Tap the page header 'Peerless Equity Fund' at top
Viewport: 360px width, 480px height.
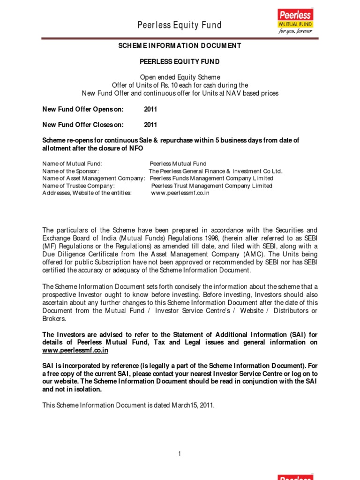pos(180,25)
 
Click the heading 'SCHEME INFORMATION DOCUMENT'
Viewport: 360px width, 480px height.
pos(180,45)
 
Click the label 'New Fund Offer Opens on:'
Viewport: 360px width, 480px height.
pos(83,109)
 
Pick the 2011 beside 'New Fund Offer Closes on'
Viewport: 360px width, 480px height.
pos(150,125)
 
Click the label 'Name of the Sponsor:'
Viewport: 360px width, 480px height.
pos(70,171)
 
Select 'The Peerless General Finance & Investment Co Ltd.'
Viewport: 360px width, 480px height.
pos(216,171)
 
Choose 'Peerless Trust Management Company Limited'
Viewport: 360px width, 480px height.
pos(211,186)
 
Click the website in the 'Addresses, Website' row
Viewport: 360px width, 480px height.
pos(180,193)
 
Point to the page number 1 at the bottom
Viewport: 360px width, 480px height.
pos(180,453)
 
